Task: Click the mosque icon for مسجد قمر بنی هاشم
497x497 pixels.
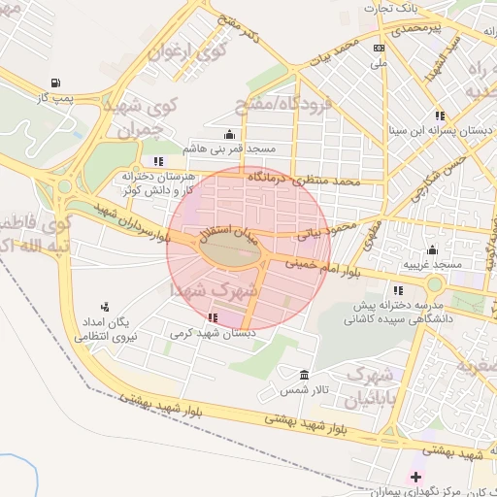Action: click(229, 135)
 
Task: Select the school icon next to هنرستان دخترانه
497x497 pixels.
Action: click(158, 161)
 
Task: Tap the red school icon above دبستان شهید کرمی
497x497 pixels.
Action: click(213, 317)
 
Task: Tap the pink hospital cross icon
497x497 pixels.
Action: click(415, 477)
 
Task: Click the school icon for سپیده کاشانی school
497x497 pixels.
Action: click(398, 289)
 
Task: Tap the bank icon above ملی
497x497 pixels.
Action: click(379, 48)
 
